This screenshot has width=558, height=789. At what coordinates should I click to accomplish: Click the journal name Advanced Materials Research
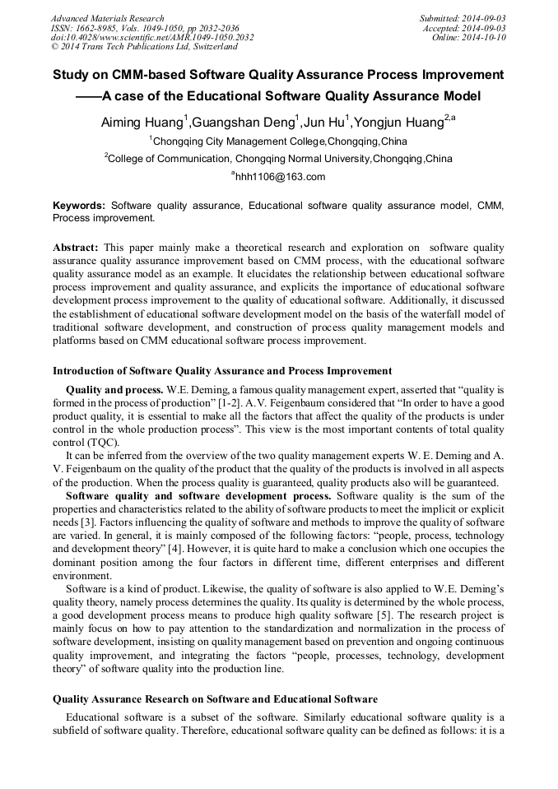[x=107, y=18]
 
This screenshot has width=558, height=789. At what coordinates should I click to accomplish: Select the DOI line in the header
[x=152, y=38]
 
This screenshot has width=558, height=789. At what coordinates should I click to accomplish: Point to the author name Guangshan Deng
[x=244, y=123]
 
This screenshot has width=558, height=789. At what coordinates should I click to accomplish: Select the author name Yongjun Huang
[x=397, y=123]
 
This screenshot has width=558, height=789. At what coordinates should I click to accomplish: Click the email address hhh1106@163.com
[x=281, y=177]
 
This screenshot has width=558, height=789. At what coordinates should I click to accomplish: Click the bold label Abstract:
[x=76, y=248]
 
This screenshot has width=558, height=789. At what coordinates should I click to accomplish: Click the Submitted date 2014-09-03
[x=482, y=18]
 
